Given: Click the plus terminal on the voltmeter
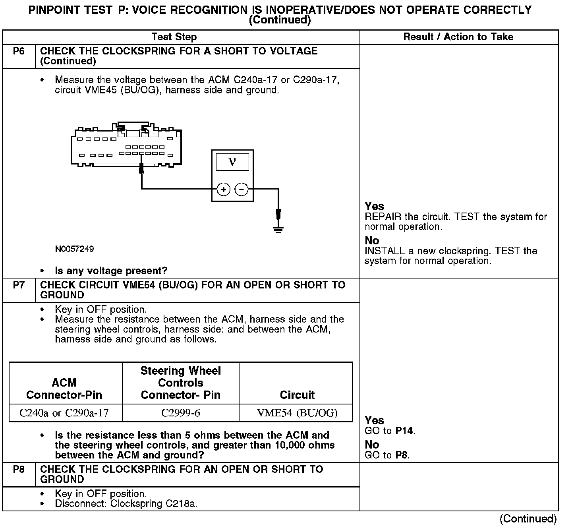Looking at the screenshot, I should (x=224, y=190).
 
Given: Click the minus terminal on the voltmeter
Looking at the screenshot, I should (x=242, y=190).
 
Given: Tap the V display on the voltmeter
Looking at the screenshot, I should (x=232, y=162).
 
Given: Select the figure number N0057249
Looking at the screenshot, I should (x=75, y=249).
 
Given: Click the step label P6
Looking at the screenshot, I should (x=19, y=51).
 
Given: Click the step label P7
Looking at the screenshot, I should (x=19, y=285).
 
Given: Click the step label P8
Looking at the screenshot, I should (x=19, y=470).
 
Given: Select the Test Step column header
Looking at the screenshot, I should (x=174, y=37).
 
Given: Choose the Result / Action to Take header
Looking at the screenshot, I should (x=458, y=37).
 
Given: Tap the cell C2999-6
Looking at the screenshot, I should (x=181, y=413).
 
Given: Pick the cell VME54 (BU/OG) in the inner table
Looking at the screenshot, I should (x=297, y=413).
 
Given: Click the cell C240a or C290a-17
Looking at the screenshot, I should (x=64, y=413).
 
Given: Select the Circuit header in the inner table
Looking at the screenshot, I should (x=297, y=395).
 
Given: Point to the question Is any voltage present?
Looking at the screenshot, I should (x=111, y=271).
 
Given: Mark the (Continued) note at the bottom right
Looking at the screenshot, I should (x=528, y=519).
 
